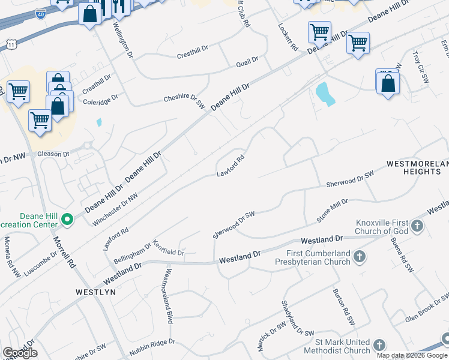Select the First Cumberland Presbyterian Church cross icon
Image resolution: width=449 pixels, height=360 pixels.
pos(360,257)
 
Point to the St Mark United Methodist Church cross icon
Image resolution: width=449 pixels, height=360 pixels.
pos(379,345)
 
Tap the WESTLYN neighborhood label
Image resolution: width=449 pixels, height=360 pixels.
pos(92,292)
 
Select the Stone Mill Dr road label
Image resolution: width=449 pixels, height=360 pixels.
pos(332,211)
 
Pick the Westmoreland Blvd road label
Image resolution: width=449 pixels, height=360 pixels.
pos(169,296)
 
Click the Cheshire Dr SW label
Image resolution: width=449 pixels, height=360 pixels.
pos(185,100)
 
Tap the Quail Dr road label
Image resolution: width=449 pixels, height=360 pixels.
pos(247,59)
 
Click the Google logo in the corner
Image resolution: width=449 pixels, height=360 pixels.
pos(20,353)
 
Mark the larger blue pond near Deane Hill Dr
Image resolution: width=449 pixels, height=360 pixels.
pos(324,94)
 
